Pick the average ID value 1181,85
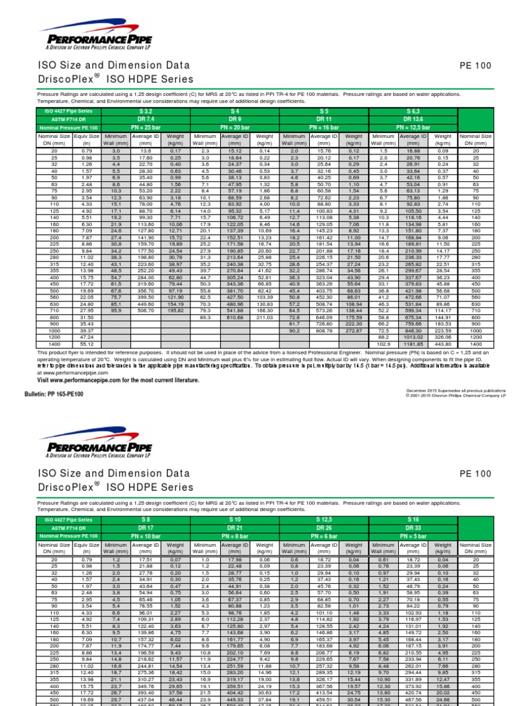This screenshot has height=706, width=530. [x=414, y=343]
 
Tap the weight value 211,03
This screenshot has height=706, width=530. [x=264, y=317]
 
